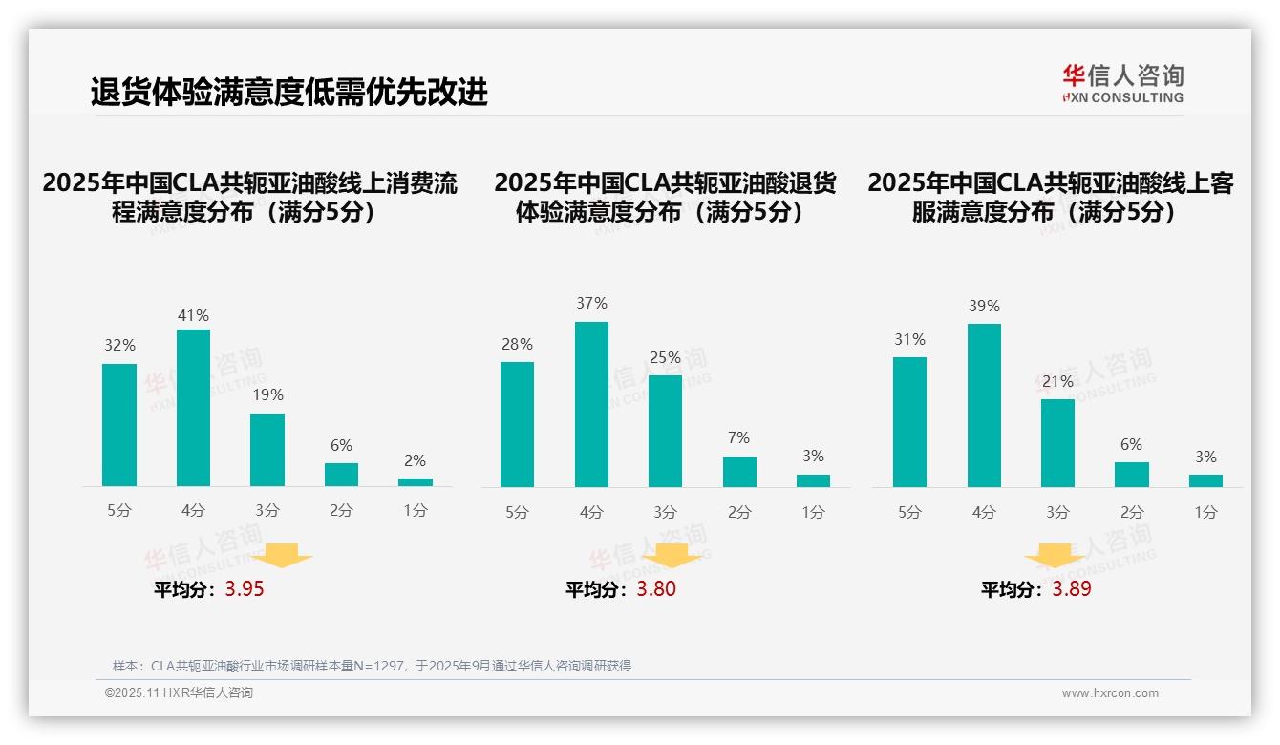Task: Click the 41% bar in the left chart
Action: [x=193, y=408]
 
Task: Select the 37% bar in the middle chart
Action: [x=591, y=404]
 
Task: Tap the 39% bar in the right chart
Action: [x=984, y=405]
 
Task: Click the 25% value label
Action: [x=665, y=358]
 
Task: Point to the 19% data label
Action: [x=267, y=395]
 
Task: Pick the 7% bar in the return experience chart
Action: [x=739, y=472]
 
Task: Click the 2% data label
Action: [x=415, y=460]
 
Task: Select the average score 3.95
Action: [x=245, y=589]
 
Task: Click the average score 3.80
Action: [x=656, y=589]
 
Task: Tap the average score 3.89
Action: [x=1072, y=589]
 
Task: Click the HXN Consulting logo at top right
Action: [x=1122, y=83]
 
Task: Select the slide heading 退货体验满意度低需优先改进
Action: [x=288, y=93]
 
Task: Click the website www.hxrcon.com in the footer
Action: [x=1110, y=693]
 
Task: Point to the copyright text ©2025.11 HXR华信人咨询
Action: [x=179, y=693]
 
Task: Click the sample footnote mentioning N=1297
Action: [x=372, y=666]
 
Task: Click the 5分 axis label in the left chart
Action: [x=119, y=511]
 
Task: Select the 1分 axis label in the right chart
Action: [x=1205, y=513]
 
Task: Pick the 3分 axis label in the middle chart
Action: [x=665, y=513]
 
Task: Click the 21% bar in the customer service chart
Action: [x=1057, y=443]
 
